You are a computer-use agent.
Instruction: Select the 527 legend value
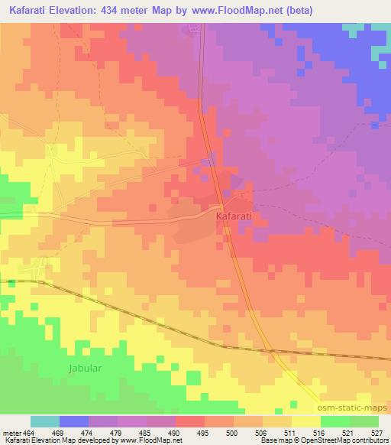click(378, 432)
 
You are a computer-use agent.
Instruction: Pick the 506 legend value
click(262, 432)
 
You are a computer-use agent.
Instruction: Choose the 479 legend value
click(117, 432)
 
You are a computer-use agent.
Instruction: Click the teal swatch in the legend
click(45, 421)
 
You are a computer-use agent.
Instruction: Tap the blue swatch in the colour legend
click(74, 421)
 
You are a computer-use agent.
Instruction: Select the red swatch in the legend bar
click(190, 421)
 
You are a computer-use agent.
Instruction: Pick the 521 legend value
click(349, 432)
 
